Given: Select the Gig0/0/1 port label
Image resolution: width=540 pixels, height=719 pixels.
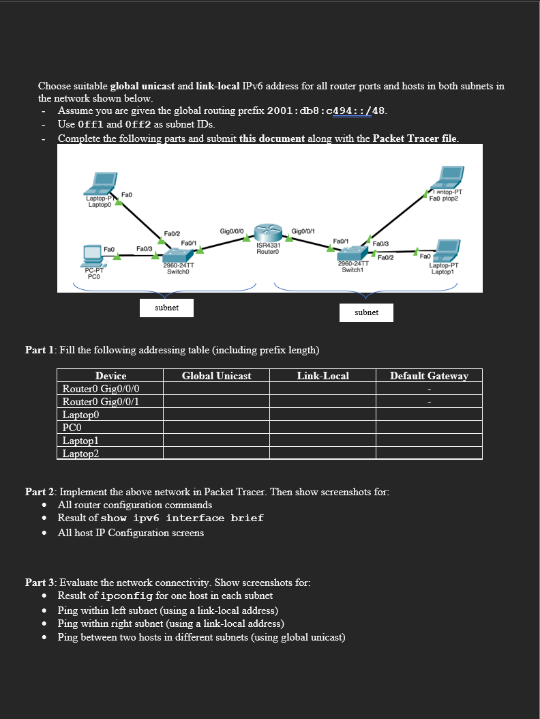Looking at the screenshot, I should coord(303,232).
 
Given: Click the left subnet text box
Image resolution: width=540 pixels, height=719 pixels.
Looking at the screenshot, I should coord(166,308).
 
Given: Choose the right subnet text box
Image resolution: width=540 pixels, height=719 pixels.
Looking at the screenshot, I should coord(366,312).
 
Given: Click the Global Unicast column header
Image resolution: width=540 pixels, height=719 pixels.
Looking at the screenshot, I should coord(216,376).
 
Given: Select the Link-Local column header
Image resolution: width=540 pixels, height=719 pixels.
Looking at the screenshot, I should coord(322,376).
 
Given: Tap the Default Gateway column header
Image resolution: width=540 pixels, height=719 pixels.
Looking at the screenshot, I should coord(429,376).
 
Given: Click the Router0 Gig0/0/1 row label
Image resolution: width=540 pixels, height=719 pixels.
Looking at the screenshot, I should coord(101,402).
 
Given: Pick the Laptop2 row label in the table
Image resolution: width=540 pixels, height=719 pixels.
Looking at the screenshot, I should coord(80,454).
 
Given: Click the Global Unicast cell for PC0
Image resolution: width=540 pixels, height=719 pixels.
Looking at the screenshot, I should coord(216,428).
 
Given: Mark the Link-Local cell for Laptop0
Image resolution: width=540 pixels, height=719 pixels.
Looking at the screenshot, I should coord(322,415).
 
